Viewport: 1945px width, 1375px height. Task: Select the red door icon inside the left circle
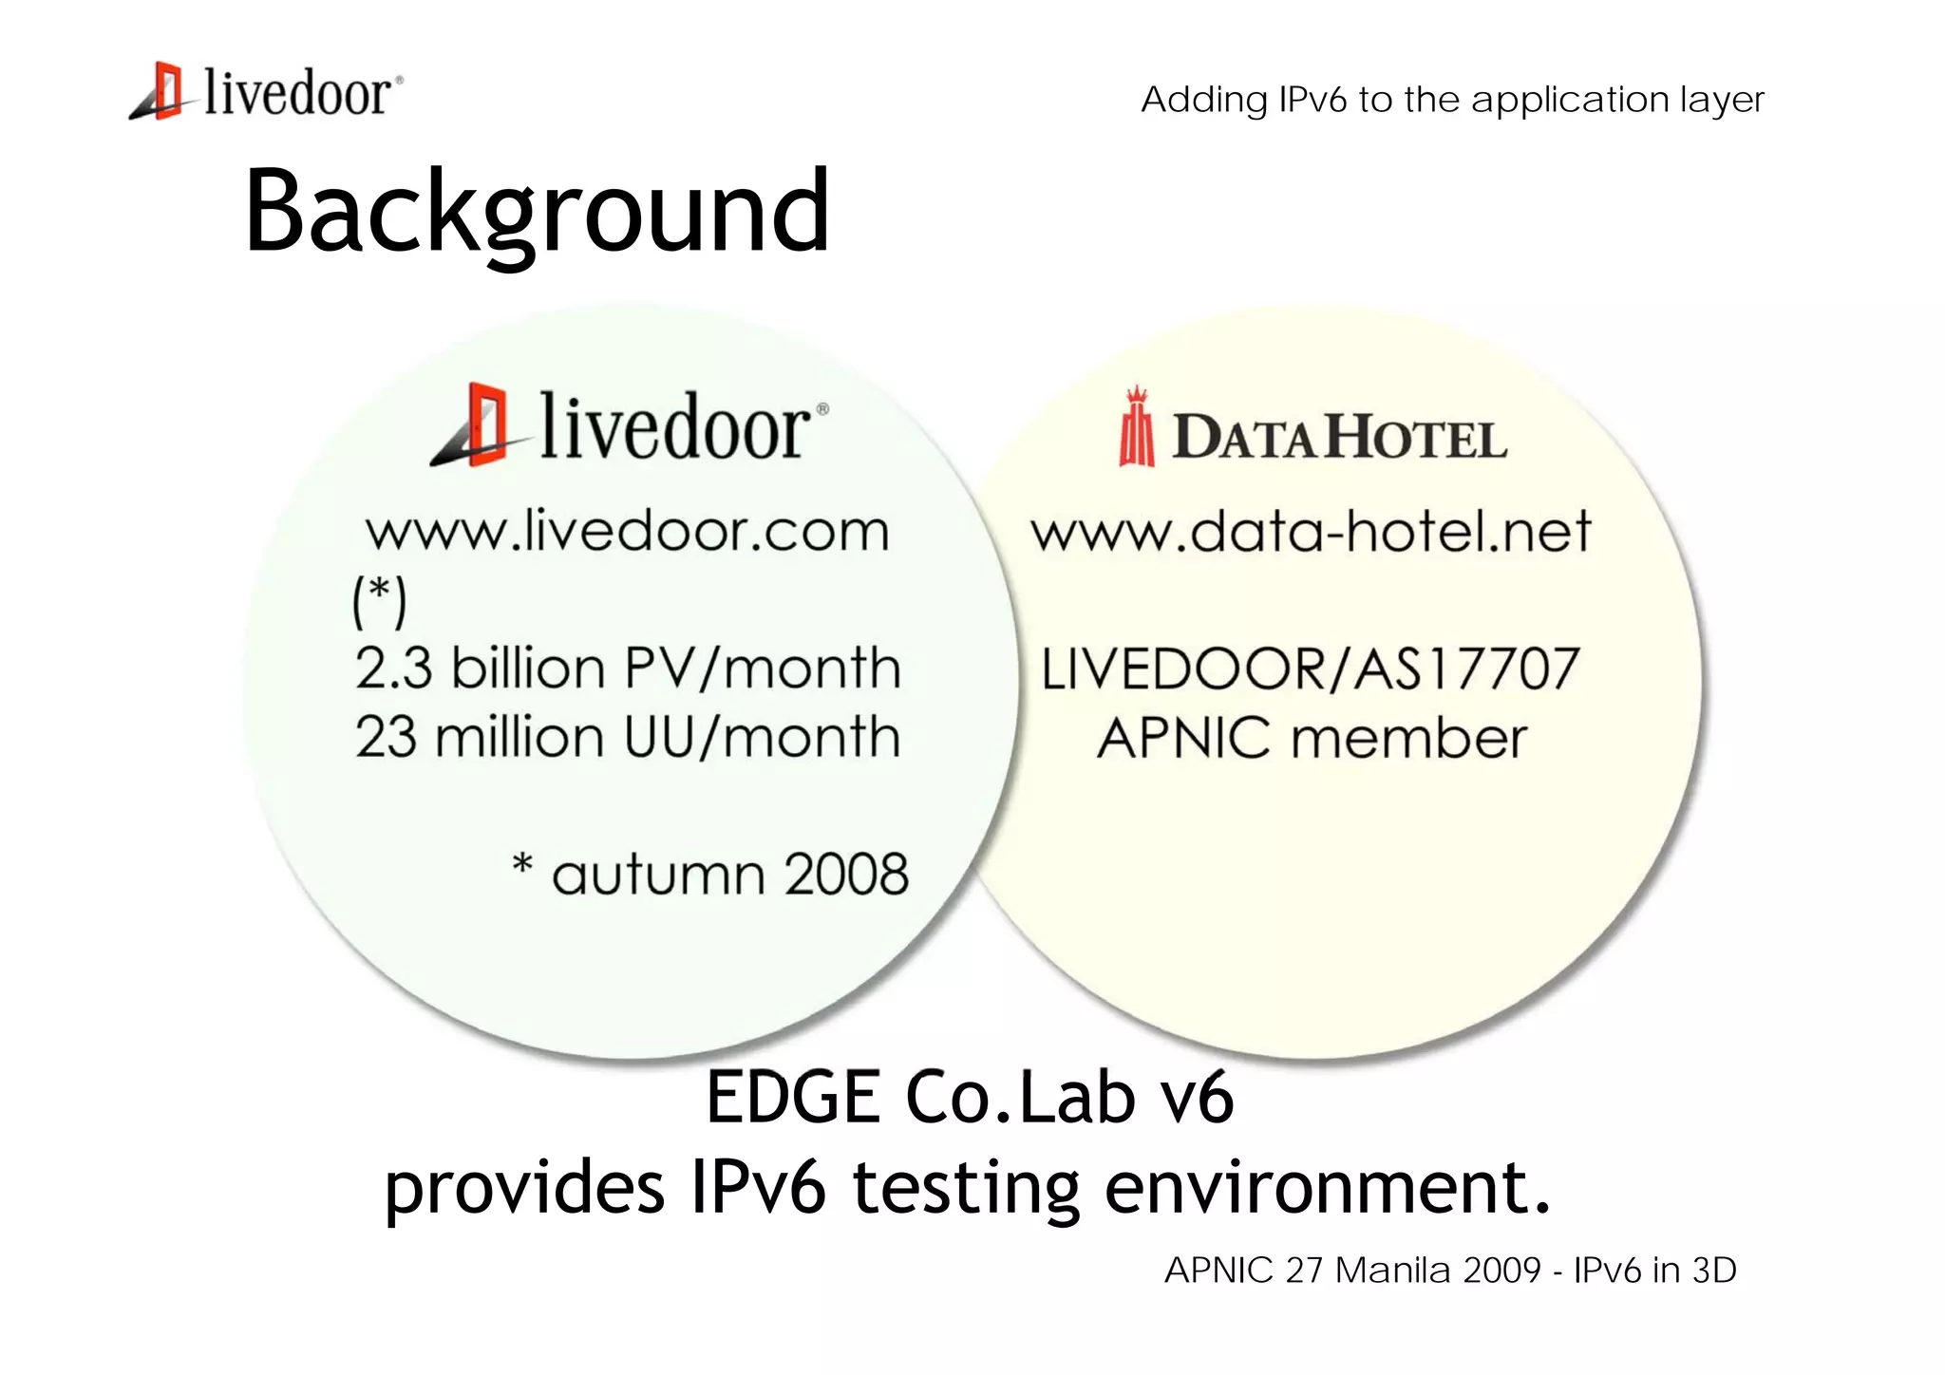coord(476,425)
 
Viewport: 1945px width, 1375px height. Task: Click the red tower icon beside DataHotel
coord(1137,428)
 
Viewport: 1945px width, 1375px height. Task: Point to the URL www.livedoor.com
coord(628,531)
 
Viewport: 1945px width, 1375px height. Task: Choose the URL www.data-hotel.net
coord(1311,531)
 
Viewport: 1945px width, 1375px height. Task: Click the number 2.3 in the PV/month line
coord(393,668)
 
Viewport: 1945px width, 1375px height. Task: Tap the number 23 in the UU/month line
coord(386,737)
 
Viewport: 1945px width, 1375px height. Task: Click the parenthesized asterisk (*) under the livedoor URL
coord(380,600)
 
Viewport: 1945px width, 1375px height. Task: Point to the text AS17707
coord(1466,669)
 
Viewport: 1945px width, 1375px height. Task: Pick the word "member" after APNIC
coord(1409,739)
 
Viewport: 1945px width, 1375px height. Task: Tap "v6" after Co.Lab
coord(1197,1098)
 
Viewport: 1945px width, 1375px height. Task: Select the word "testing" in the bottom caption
coord(966,1188)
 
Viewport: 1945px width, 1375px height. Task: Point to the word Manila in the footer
coord(1393,1271)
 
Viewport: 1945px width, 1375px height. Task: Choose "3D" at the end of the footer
coord(1714,1271)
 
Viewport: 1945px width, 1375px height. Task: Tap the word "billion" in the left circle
coord(528,668)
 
